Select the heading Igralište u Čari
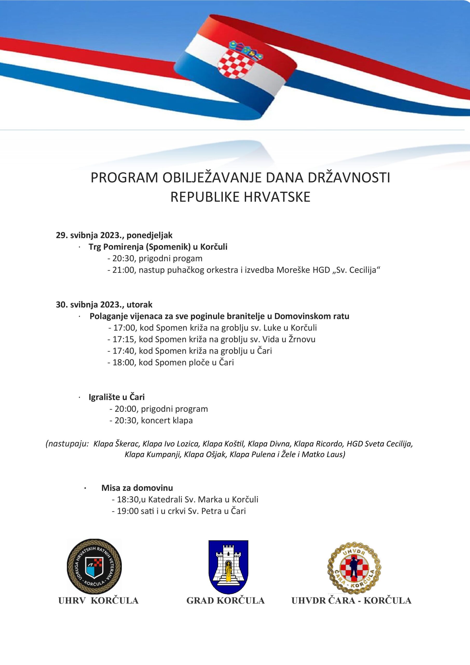(x=117, y=397)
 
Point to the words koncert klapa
(x=167, y=420)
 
